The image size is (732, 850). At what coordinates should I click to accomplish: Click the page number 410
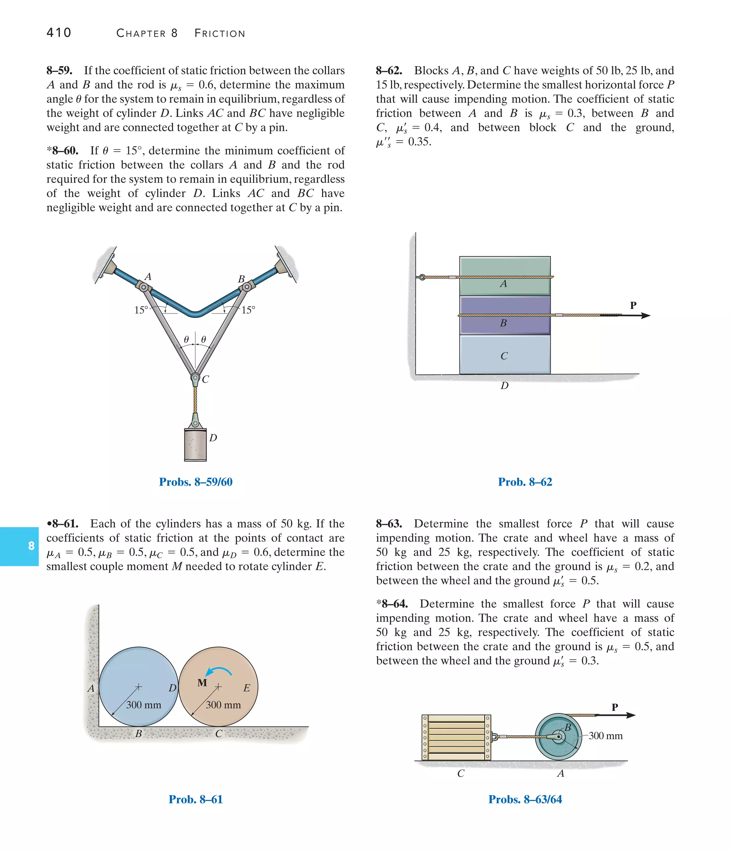[x=59, y=33]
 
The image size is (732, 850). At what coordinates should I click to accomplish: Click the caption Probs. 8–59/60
[x=196, y=482]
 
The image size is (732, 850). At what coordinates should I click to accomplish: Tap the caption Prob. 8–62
[x=525, y=482]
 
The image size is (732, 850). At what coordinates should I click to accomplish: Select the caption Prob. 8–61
[x=196, y=799]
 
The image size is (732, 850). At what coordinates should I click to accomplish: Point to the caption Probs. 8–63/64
[x=525, y=799]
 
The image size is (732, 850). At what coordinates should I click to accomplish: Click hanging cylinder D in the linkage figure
[x=195, y=445]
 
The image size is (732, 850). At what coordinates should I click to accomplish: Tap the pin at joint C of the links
[x=195, y=377]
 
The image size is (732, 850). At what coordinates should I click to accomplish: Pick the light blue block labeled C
[x=505, y=355]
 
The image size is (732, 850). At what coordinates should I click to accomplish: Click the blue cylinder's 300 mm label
[x=144, y=705]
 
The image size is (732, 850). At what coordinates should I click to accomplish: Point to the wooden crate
[x=456, y=737]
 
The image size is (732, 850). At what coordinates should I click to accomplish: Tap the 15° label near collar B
[x=248, y=310]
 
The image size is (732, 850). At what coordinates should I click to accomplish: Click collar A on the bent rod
[x=144, y=287]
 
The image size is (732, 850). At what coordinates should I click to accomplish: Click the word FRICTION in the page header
[x=220, y=33]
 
